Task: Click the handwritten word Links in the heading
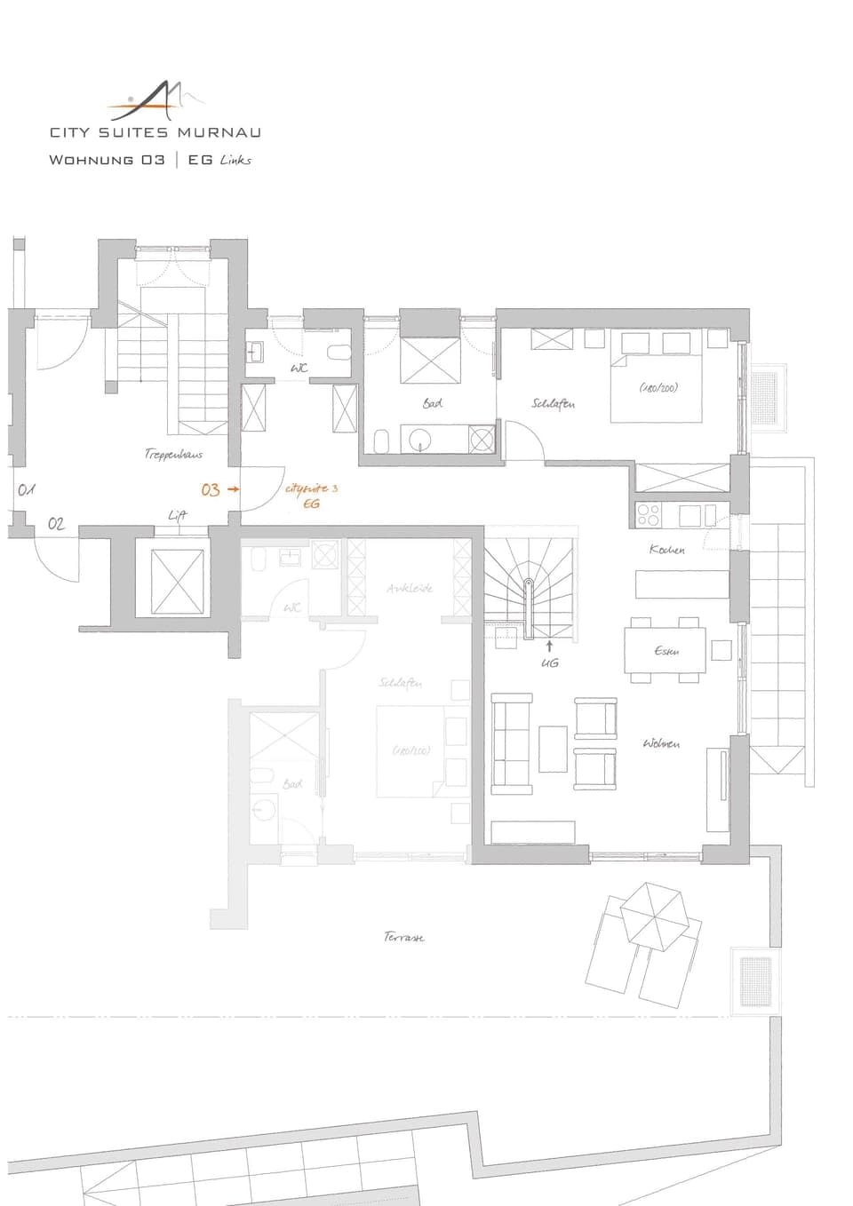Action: tap(235, 160)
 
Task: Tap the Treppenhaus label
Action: tap(173, 454)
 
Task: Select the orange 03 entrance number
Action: tap(210, 489)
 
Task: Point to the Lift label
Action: tap(178, 515)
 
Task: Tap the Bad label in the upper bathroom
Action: tap(433, 403)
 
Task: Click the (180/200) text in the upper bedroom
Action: tap(658, 388)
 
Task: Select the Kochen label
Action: tap(666, 550)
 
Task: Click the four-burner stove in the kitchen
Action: tap(649, 514)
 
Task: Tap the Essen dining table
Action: tap(666, 651)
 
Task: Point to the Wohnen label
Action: tap(661, 743)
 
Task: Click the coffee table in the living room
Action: tap(553, 749)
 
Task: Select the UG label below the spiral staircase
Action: tap(550, 663)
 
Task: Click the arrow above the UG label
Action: tap(549, 646)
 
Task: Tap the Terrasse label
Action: tap(404, 937)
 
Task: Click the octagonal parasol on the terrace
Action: tap(654, 914)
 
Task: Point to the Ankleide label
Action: tap(410, 588)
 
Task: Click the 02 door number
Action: tap(56, 524)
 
